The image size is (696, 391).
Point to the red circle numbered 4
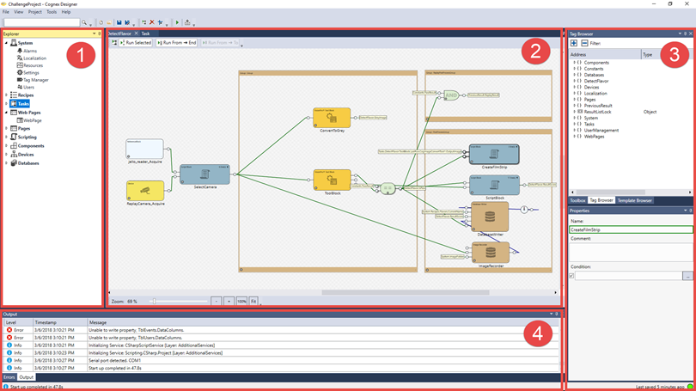pos(538,333)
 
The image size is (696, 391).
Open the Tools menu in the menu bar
pos(52,12)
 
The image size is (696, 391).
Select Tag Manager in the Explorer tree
pos(35,80)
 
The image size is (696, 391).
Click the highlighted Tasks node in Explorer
pos(23,103)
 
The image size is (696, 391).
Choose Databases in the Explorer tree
pos(27,162)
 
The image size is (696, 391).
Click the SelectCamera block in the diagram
pos(205,174)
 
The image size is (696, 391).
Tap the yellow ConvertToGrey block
pos(332,118)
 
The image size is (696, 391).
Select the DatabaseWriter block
pos(491,218)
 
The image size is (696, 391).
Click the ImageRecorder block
pos(491,252)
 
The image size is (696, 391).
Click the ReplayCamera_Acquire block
pos(144,191)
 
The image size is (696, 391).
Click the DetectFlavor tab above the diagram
pos(119,34)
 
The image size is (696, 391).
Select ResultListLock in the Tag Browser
pos(597,112)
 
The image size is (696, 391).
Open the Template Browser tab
pos(635,200)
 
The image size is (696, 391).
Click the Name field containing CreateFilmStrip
pos(630,230)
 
